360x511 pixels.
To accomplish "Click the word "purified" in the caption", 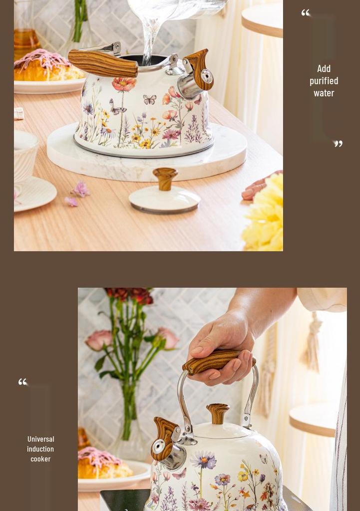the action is (324, 81).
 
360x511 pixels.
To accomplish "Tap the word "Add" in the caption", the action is (324, 68).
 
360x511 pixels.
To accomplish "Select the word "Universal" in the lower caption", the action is (41, 439).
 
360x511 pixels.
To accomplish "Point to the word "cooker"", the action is (40, 459).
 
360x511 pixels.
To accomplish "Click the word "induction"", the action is (40, 449).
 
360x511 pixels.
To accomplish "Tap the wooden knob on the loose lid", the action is (165, 179).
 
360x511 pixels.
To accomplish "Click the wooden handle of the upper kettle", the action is (103, 63).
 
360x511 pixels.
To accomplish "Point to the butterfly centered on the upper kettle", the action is (149, 99).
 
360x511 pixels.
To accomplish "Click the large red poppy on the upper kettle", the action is (124, 83).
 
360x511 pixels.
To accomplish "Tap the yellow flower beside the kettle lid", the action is (264, 212).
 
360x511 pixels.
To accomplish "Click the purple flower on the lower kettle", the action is (203, 460).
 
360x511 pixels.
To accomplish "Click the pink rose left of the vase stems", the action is (99, 340).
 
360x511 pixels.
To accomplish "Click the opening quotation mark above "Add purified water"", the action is (306, 12).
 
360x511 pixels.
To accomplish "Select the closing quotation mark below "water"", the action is (338, 143).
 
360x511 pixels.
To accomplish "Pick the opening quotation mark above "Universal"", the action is (22, 382).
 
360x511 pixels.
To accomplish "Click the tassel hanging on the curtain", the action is (312, 342).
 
